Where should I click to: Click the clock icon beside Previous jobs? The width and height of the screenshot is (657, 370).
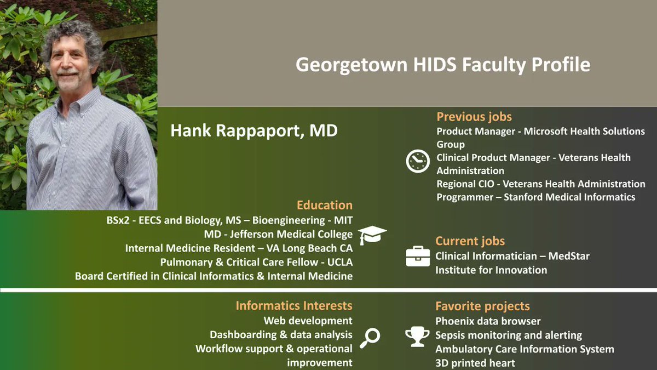click(x=418, y=161)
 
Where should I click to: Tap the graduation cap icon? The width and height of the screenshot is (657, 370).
click(x=372, y=235)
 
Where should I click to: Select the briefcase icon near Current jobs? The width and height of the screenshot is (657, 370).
click(x=418, y=256)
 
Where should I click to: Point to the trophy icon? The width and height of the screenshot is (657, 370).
click(x=417, y=337)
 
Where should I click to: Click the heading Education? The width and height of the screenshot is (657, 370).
click(x=325, y=206)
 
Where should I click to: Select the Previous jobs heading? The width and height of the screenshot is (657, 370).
click(x=474, y=117)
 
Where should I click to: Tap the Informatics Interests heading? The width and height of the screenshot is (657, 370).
click(x=294, y=306)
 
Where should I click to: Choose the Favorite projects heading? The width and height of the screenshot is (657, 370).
click(x=482, y=306)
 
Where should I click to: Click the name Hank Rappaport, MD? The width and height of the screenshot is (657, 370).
click(x=254, y=131)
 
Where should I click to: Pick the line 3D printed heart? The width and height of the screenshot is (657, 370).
click(x=475, y=363)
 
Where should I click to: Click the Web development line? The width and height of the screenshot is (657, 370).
click(x=308, y=321)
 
